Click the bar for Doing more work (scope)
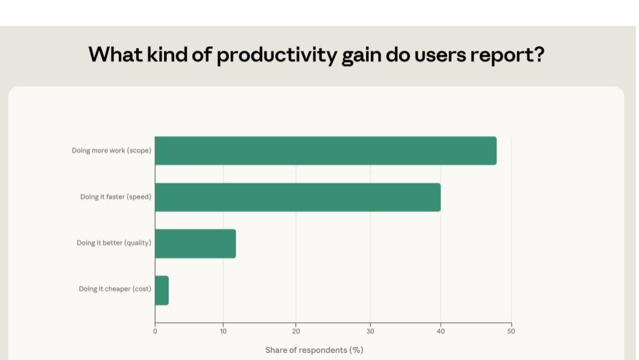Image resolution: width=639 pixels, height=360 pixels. point(326,151)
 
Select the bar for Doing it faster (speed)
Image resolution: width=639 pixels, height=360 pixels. point(298,197)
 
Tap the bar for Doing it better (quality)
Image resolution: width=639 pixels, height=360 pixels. point(195,244)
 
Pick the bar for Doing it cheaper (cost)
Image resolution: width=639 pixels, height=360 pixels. point(162,290)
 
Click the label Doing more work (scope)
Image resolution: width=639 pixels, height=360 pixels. point(112,151)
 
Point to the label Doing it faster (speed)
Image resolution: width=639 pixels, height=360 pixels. point(116,197)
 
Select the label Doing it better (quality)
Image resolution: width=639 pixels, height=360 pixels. point(114,243)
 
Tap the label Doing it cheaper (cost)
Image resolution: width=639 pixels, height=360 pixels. point(115,289)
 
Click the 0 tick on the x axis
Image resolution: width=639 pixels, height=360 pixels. point(155,331)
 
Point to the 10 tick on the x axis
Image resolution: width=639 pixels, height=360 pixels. point(223,331)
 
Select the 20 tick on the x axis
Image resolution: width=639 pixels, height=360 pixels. point(296,331)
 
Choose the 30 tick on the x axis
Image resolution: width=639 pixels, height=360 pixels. point(370,331)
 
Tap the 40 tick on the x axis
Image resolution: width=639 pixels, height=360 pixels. point(441,331)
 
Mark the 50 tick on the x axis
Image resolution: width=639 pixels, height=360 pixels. point(511,331)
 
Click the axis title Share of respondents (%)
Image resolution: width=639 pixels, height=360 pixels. point(314,350)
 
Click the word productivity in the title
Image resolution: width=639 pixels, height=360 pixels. point(277,55)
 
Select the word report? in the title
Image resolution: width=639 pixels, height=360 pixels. point(508,55)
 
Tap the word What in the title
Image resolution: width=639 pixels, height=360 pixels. point(116,55)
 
